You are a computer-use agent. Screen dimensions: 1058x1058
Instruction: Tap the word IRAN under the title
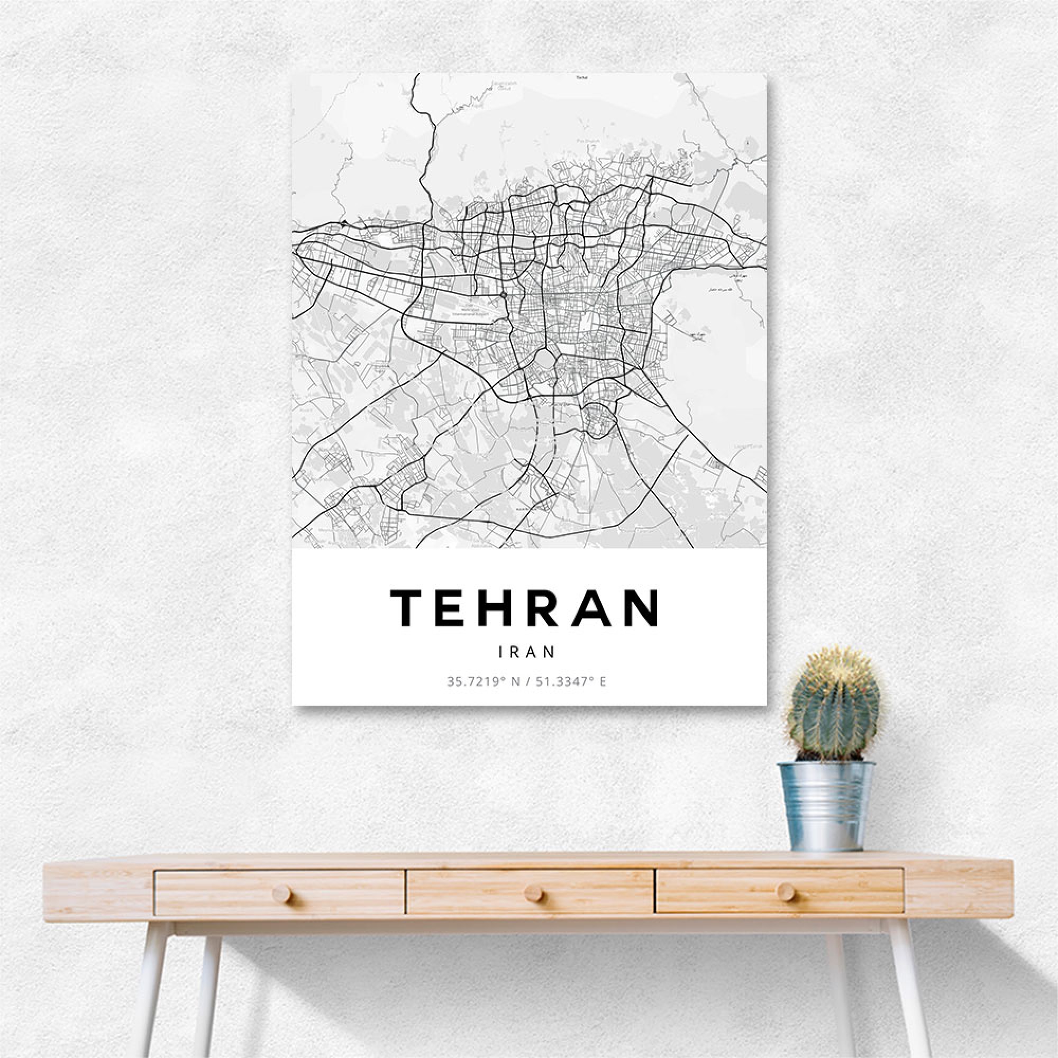pyautogui.click(x=527, y=652)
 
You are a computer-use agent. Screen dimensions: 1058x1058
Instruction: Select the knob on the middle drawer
pyautogui.click(x=532, y=893)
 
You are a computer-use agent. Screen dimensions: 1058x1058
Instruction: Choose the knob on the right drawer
pyautogui.click(x=785, y=891)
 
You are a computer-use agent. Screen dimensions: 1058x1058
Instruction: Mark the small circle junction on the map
pyautogui.click(x=503, y=295)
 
